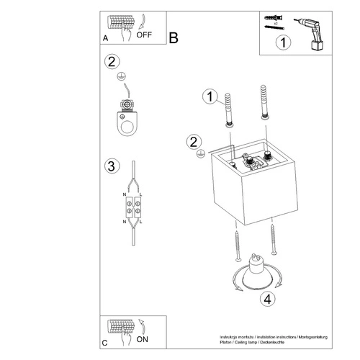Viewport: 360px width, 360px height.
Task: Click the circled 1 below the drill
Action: point(284,43)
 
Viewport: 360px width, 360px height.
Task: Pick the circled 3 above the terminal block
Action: point(111,167)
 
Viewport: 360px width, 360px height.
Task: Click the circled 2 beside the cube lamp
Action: point(193,142)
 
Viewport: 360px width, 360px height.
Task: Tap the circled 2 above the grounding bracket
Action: point(111,62)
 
